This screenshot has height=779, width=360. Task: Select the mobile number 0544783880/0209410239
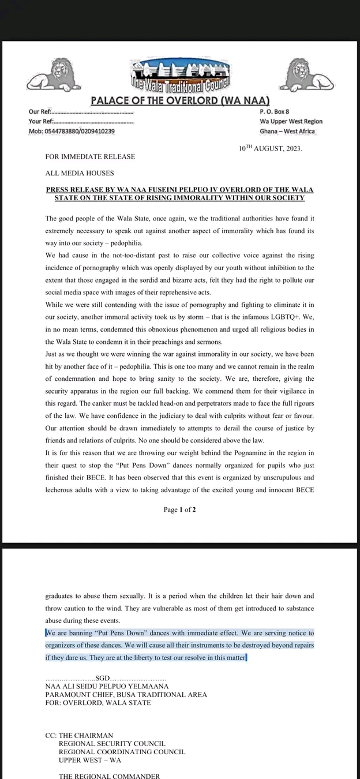coord(72,131)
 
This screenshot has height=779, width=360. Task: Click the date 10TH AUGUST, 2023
coord(270,148)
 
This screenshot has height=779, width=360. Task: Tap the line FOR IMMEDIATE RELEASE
coord(90,156)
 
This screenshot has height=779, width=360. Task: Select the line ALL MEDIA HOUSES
coord(80,173)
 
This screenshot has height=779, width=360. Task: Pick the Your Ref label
coord(41,121)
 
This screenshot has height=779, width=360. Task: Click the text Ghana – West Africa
coord(287,131)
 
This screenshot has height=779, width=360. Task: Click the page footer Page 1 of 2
coord(179,510)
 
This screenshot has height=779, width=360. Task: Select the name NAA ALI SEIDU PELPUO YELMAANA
coord(107,686)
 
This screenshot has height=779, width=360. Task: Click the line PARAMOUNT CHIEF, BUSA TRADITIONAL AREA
coord(126,694)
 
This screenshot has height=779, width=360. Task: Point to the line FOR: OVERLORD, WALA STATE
coord(98,703)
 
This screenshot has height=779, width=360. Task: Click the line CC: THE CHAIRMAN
coord(79,735)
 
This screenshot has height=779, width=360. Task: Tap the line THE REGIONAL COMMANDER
coord(109,776)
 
